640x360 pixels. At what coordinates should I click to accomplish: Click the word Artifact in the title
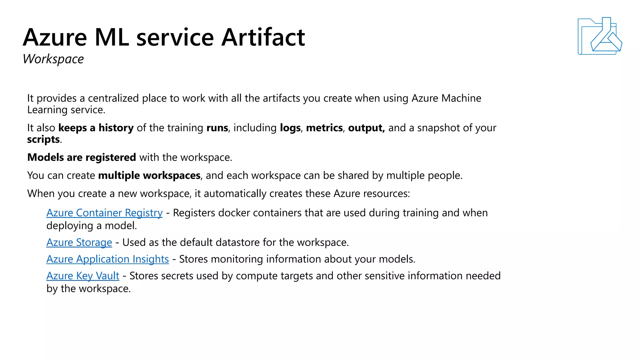(x=263, y=37)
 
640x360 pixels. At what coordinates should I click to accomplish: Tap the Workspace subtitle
(x=53, y=59)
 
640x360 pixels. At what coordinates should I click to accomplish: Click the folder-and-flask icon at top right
(x=599, y=36)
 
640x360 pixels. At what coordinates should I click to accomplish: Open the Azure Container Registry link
(x=104, y=213)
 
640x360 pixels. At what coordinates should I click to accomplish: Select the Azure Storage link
(x=79, y=242)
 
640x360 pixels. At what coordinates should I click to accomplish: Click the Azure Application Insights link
(x=107, y=259)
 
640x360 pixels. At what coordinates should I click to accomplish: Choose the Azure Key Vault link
(x=83, y=276)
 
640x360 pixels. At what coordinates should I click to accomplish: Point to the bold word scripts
(x=43, y=139)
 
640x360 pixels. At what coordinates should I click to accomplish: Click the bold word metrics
(x=324, y=128)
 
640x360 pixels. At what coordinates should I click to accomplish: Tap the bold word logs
(x=290, y=128)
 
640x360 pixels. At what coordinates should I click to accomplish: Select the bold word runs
(x=217, y=128)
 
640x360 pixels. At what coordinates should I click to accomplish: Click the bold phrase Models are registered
(x=82, y=157)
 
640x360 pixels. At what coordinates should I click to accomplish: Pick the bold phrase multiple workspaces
(x=149, y=175)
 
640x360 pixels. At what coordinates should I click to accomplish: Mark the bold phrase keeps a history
(x=96, y=128)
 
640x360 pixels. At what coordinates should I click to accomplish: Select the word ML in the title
(x=112, y=37)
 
